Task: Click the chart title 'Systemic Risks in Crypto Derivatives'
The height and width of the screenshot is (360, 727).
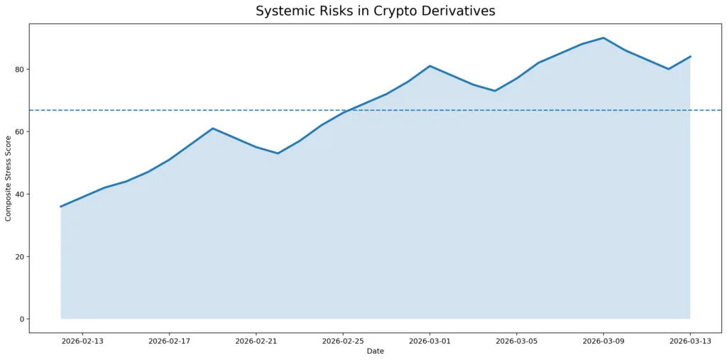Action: click(375, 11)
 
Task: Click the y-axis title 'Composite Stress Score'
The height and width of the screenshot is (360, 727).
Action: click(9, 178)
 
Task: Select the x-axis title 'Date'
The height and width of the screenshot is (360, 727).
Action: click(375, 351)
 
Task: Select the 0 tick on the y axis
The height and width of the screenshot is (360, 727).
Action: click(21, 320)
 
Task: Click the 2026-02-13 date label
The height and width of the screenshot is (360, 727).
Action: click(82, 341)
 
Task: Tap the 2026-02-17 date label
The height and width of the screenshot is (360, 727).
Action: click(169, 341)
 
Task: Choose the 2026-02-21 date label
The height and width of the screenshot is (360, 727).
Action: click(256, 341)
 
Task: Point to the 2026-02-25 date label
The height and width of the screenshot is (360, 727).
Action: click(343, 341)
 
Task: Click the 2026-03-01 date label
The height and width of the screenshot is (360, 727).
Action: click(430, 341)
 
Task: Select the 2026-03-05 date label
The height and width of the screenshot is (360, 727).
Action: click(516, 341)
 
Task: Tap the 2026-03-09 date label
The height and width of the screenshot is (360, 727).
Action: click(603, 341)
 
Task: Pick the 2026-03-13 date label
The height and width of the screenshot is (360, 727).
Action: click(690, 341)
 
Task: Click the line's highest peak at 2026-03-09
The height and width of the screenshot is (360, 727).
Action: click(603, 38)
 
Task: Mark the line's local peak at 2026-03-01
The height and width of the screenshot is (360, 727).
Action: click(430, 66)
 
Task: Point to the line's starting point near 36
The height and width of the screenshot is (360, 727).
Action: click(61, 207)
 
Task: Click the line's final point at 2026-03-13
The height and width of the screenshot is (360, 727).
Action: click(690, 57)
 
